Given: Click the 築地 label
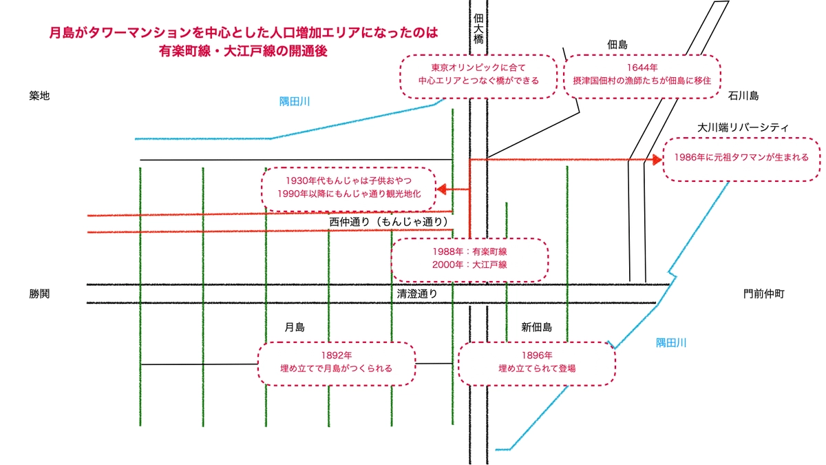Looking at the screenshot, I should [39, 96].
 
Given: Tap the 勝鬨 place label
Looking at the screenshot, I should [39, 293].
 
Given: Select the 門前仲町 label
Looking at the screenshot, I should [763, 293].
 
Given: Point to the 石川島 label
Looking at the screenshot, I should [743, 96].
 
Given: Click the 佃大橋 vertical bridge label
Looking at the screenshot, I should [478, 29].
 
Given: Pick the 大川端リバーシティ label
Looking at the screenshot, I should [743, 127].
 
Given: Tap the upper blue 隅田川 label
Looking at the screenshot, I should [295, 101].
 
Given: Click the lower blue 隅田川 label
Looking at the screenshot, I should [670, 342].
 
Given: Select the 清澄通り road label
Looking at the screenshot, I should [417, 293].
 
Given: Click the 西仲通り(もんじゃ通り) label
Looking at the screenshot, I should [389, 222].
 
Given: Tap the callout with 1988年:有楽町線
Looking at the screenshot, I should [470, 259].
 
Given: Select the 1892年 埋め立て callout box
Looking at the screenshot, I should [337, 362].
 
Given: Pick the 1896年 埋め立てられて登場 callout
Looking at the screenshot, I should [537, 362].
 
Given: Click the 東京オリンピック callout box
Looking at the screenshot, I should [479, 74].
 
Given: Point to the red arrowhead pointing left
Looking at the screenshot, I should [441, 189].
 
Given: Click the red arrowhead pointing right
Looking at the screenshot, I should [657, 160].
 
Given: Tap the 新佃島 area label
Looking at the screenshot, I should [536, 327].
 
